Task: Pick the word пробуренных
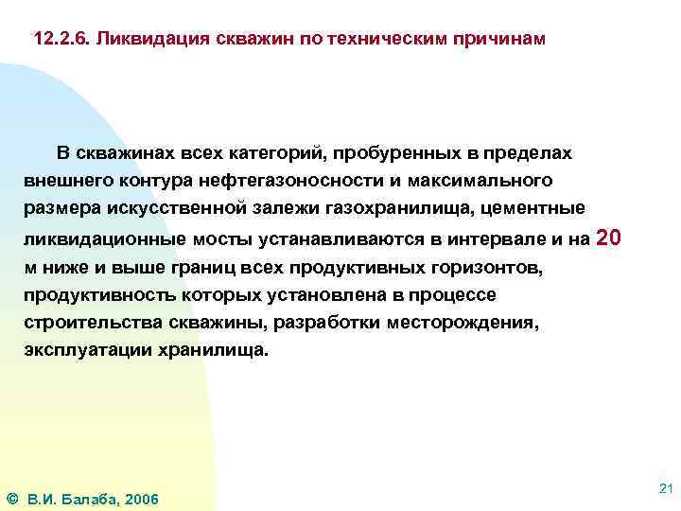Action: point(356,152)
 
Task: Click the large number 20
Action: point(610,237)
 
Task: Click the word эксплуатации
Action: point(84,350)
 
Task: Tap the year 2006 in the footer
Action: point(141,499)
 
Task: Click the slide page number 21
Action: point(664,487)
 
